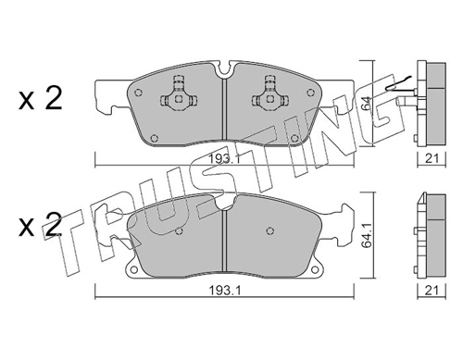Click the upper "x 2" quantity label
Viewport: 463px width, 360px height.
pyautogui.click(x=41, y=98)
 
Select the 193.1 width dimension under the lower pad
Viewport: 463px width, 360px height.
pyautogui.click(x=224, y=291)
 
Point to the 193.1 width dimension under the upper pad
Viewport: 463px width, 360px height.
pyautogui.click(x=224, y=159)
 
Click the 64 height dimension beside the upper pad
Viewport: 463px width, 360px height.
pyautogui.click(x=366, y=105)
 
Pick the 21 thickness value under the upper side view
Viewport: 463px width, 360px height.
pyautogui.click(x=432, y=159)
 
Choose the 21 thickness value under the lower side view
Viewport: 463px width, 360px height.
pyautogui.click(x=432, y=291)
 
